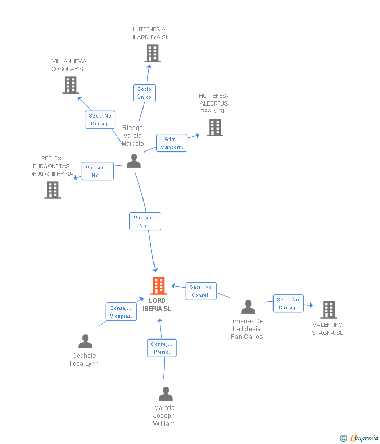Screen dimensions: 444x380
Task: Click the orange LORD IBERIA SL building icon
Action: [x=159, y=286]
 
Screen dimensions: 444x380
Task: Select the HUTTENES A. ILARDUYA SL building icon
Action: [x=152, y=53]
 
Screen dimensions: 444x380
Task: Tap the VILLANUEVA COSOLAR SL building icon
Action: [x=70, y=85]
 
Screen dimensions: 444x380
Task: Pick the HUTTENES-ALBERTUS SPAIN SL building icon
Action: [x=215, y=127]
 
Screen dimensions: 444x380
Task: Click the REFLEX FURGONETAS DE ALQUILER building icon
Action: [x=53, y=190]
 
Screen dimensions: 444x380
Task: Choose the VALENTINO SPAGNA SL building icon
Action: [x=328, y=310]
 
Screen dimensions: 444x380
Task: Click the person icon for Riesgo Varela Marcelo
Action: [x=134, y=160]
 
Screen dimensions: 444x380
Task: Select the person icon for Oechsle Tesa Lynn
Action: [x=85, y=342]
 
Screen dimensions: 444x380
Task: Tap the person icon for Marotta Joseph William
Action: [x=165, y=394]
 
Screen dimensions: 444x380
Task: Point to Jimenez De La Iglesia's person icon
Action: [x=248, y=307]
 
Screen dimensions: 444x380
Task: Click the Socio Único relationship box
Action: [x=144, y=93]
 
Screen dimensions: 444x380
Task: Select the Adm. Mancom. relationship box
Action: [x=171, y=143]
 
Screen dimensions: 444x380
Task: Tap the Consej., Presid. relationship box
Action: [x=162, y=348]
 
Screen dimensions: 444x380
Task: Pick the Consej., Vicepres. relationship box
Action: [x=121, y=312]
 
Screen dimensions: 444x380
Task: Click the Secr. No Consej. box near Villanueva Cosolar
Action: [x=99, y=120]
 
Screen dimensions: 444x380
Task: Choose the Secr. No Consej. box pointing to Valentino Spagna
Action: [x=288, y=303]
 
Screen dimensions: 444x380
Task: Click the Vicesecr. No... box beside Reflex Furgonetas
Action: [x=98, y=171]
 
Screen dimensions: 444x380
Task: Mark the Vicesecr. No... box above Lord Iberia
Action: [x=145, y=221]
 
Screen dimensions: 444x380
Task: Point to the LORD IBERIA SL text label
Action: [x=157, y=305]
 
